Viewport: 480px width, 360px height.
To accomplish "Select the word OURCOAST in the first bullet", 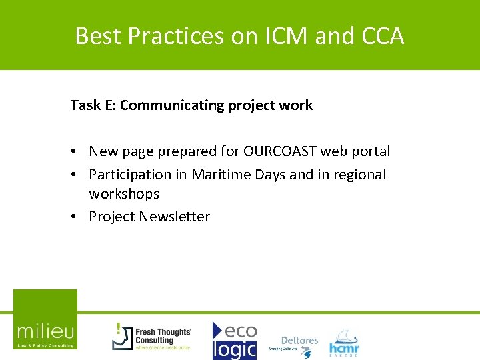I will coord(280,151).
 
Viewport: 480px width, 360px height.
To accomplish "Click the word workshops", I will coord(124,194).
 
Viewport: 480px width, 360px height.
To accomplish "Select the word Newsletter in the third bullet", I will coord(176,217).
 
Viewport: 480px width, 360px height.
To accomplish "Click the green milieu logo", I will coord(45,319).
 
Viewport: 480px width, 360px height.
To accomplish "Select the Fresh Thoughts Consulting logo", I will coord(152,336).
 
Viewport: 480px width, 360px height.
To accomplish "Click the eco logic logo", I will coord(234,340).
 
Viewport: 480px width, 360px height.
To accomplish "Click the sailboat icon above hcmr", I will coord(343,333).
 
